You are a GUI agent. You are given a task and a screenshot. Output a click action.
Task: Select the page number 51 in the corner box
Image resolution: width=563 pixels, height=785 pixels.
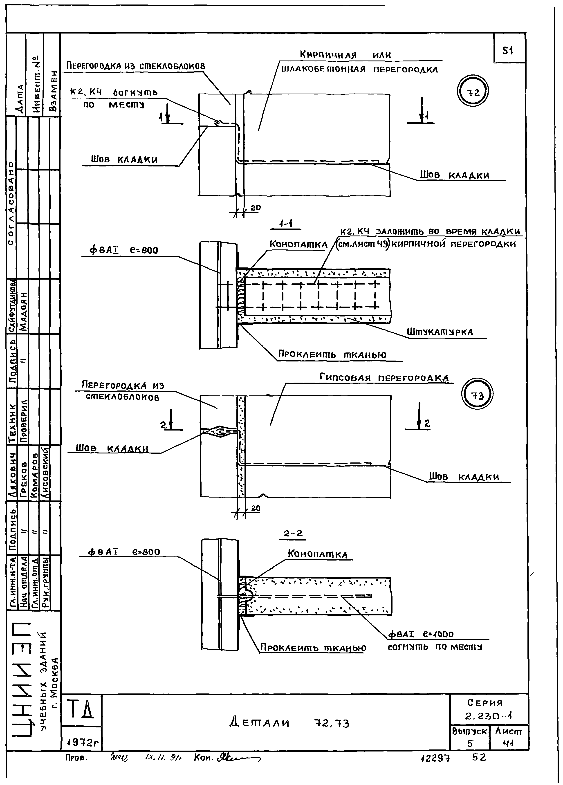pyautogui.click(x=508, y=51)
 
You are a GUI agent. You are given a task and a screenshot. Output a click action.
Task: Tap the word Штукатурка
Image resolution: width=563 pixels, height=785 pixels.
pyautogui.click(x=440, y=332)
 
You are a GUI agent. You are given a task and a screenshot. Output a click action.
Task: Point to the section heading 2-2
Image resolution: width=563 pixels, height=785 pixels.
pyautogui.click(x=293, y=533)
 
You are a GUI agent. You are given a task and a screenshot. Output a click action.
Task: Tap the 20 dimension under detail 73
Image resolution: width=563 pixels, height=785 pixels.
pyautogui.click(x=255, y=508)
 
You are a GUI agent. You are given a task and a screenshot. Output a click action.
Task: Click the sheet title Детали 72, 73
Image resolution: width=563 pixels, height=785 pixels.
pyautogui.click(x=289, y=723)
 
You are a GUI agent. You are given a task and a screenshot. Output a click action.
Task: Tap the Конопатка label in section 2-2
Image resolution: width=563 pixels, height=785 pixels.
pyautogui.click(x=317, y=554)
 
